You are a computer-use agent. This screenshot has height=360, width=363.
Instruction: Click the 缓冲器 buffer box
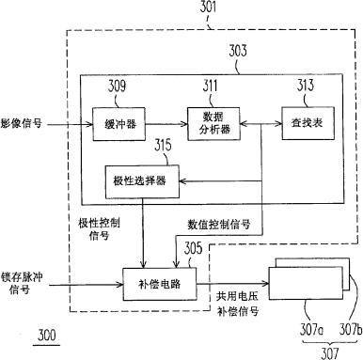pos(119,124)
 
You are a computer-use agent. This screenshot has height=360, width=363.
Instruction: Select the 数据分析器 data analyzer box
pos(213,124)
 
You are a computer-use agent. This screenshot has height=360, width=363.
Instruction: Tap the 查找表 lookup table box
pos(308,123)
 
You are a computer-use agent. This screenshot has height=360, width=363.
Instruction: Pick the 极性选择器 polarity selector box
pos(142,181)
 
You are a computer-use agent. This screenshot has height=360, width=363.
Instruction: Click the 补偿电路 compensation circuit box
pos(160,284)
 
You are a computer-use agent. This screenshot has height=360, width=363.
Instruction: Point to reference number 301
pos(208,7)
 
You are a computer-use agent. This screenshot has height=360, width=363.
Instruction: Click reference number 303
pos(238,51)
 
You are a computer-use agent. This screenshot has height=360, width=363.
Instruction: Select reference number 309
pos(117,86)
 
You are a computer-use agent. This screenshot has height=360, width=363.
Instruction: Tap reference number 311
pos(210,86)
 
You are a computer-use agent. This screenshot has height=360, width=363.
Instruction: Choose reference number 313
pos(306,85)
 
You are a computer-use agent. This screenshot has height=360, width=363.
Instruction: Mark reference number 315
pos(163,145)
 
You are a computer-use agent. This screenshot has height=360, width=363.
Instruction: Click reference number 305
pos(193,248)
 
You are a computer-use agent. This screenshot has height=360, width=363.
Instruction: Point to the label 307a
pos(311,330)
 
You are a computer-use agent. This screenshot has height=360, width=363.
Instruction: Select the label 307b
pos(351,330)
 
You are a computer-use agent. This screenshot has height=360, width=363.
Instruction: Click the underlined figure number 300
pos(47,336)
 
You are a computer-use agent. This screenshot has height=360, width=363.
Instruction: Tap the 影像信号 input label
pos(21,123)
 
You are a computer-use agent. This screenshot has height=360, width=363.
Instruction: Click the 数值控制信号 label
pos(219,225)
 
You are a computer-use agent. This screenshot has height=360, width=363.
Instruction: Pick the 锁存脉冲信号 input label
pos(22,283)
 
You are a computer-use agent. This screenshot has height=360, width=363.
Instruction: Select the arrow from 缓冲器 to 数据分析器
pos(166,124)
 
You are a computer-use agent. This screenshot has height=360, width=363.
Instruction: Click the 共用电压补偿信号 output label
pos(238,304)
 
